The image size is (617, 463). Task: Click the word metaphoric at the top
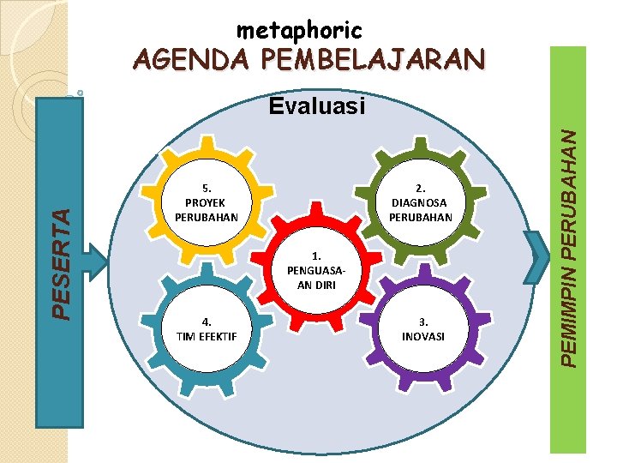click(299, 31)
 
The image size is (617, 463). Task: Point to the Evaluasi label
click(316, 106)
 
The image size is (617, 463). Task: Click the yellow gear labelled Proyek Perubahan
click(206, 202)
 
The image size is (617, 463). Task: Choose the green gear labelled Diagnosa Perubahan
click(420, 202)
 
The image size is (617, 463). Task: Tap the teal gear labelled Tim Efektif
click(207, 329)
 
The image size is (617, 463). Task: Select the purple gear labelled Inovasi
click(423, 329)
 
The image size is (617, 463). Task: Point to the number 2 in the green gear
click(420, 187)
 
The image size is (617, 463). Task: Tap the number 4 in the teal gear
click(207, 322)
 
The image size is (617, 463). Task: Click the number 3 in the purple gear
click(423, 322)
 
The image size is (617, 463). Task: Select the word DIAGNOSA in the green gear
click(420, 202)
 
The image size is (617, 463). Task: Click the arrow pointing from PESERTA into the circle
click(96, 257)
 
